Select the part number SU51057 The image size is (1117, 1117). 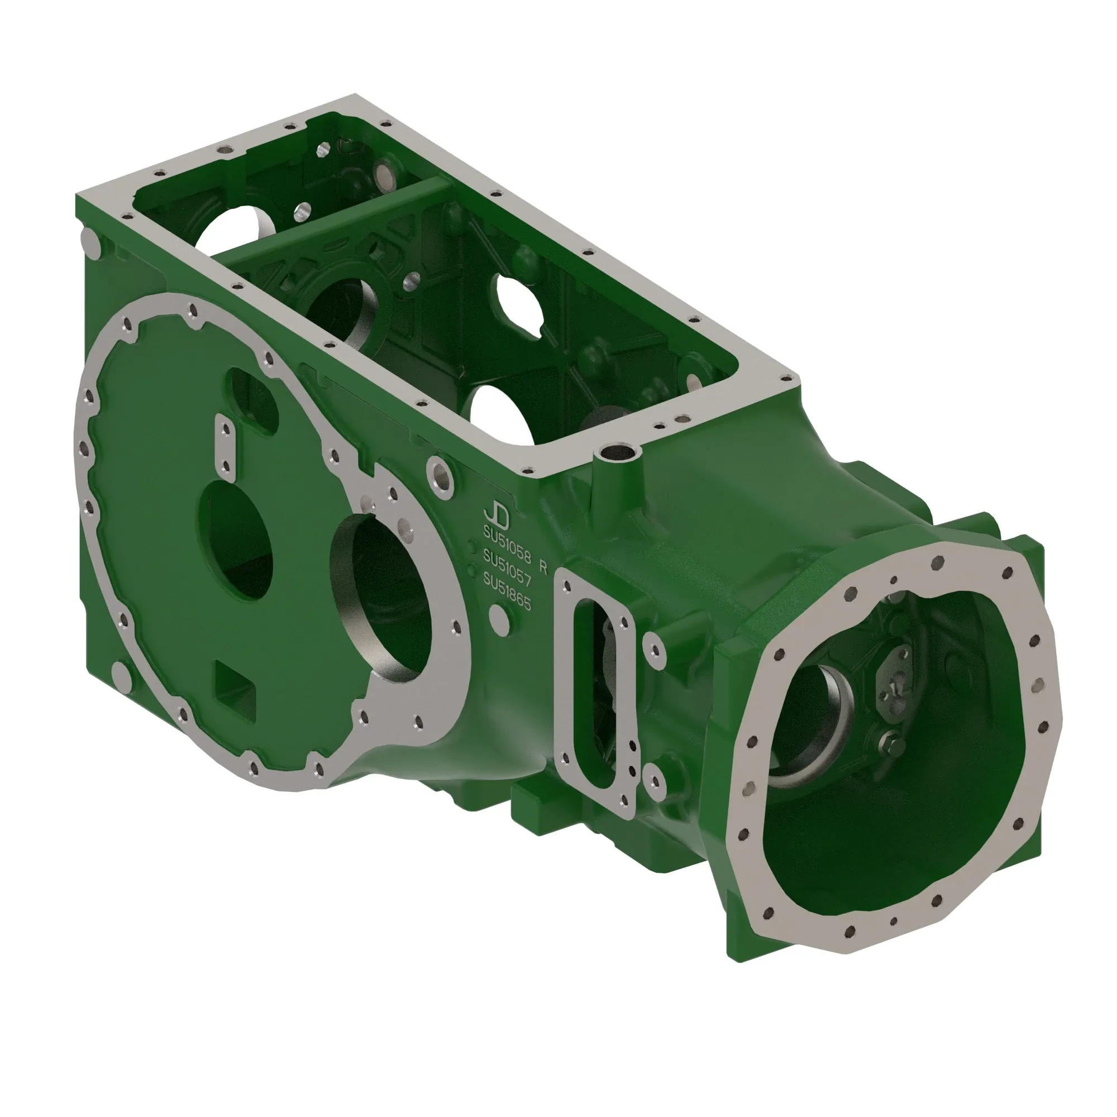(x=507, y=569)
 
